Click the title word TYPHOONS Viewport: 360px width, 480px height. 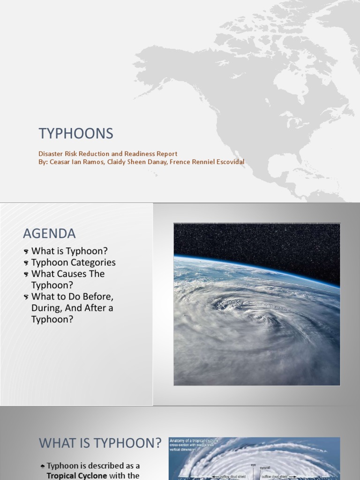tap(76, 134)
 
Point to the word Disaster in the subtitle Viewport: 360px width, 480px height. tap(50, 154)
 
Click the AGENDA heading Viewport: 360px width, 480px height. tap(49, 233)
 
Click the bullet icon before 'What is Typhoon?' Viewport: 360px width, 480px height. tap(26, 252)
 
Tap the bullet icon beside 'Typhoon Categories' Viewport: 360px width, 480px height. tap(26, 263)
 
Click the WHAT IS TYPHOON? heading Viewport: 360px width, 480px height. tap(100, 442)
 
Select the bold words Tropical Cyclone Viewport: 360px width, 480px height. tap(77, 475)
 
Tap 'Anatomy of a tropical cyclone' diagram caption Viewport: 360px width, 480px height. tap(194, 441)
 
